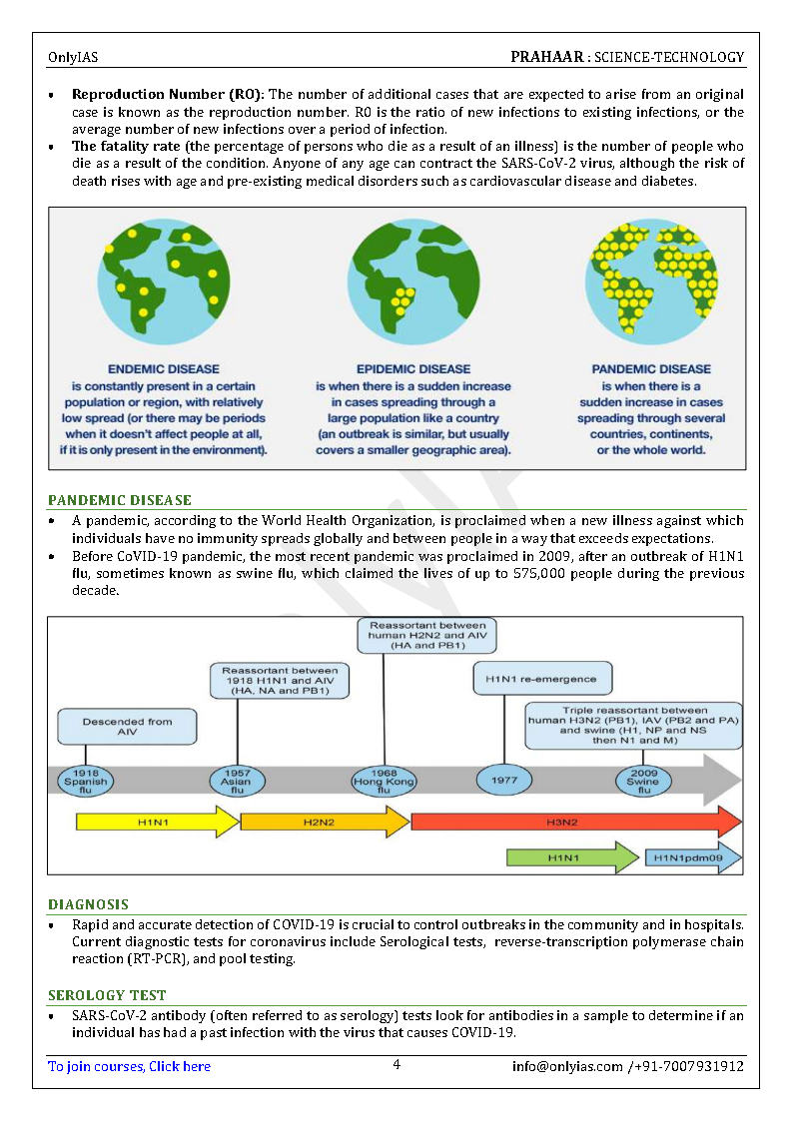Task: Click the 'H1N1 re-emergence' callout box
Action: pyautogui.click(x=540, y=679)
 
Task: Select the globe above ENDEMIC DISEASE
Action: pyautogui.click(x=163, y=277)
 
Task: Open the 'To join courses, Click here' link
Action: pyautogui.click(x=129, y=1066)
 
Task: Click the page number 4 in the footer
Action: pyautogui.click(x=396, y=1065)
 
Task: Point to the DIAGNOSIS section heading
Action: pyautogui.click(x=88, y=904)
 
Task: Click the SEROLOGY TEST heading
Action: pyautogui.click(x=107, y=995)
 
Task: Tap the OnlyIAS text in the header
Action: pyautogui.click(x=73, y=58)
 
